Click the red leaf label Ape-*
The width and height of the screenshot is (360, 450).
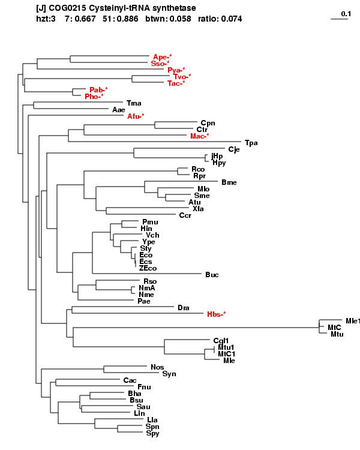[163, 57]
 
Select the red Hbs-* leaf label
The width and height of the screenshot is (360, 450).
[217, 314]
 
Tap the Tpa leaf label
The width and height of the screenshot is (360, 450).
[251, 143]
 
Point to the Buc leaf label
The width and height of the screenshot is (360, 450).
[212, 275]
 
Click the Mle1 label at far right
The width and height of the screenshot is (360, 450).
[353, 321]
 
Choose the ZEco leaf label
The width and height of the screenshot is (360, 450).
[148, 268]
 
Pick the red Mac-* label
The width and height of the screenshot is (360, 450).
[200, 136]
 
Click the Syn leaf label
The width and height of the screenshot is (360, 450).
[169, 374]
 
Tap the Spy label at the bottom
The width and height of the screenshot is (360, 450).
[153, 433]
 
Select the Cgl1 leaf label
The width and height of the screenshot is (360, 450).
[221, 341]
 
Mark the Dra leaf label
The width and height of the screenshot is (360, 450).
[184, 308]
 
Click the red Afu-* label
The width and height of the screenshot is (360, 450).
[136, 116]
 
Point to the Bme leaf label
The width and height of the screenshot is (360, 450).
[229, 182]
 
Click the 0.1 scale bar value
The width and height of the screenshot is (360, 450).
[346, 14]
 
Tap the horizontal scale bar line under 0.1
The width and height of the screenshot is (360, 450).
[340, 19]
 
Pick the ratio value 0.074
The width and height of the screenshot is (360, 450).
[231, 19]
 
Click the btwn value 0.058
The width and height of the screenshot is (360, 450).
[180, 19]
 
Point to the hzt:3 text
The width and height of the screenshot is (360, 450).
[46, 19]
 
